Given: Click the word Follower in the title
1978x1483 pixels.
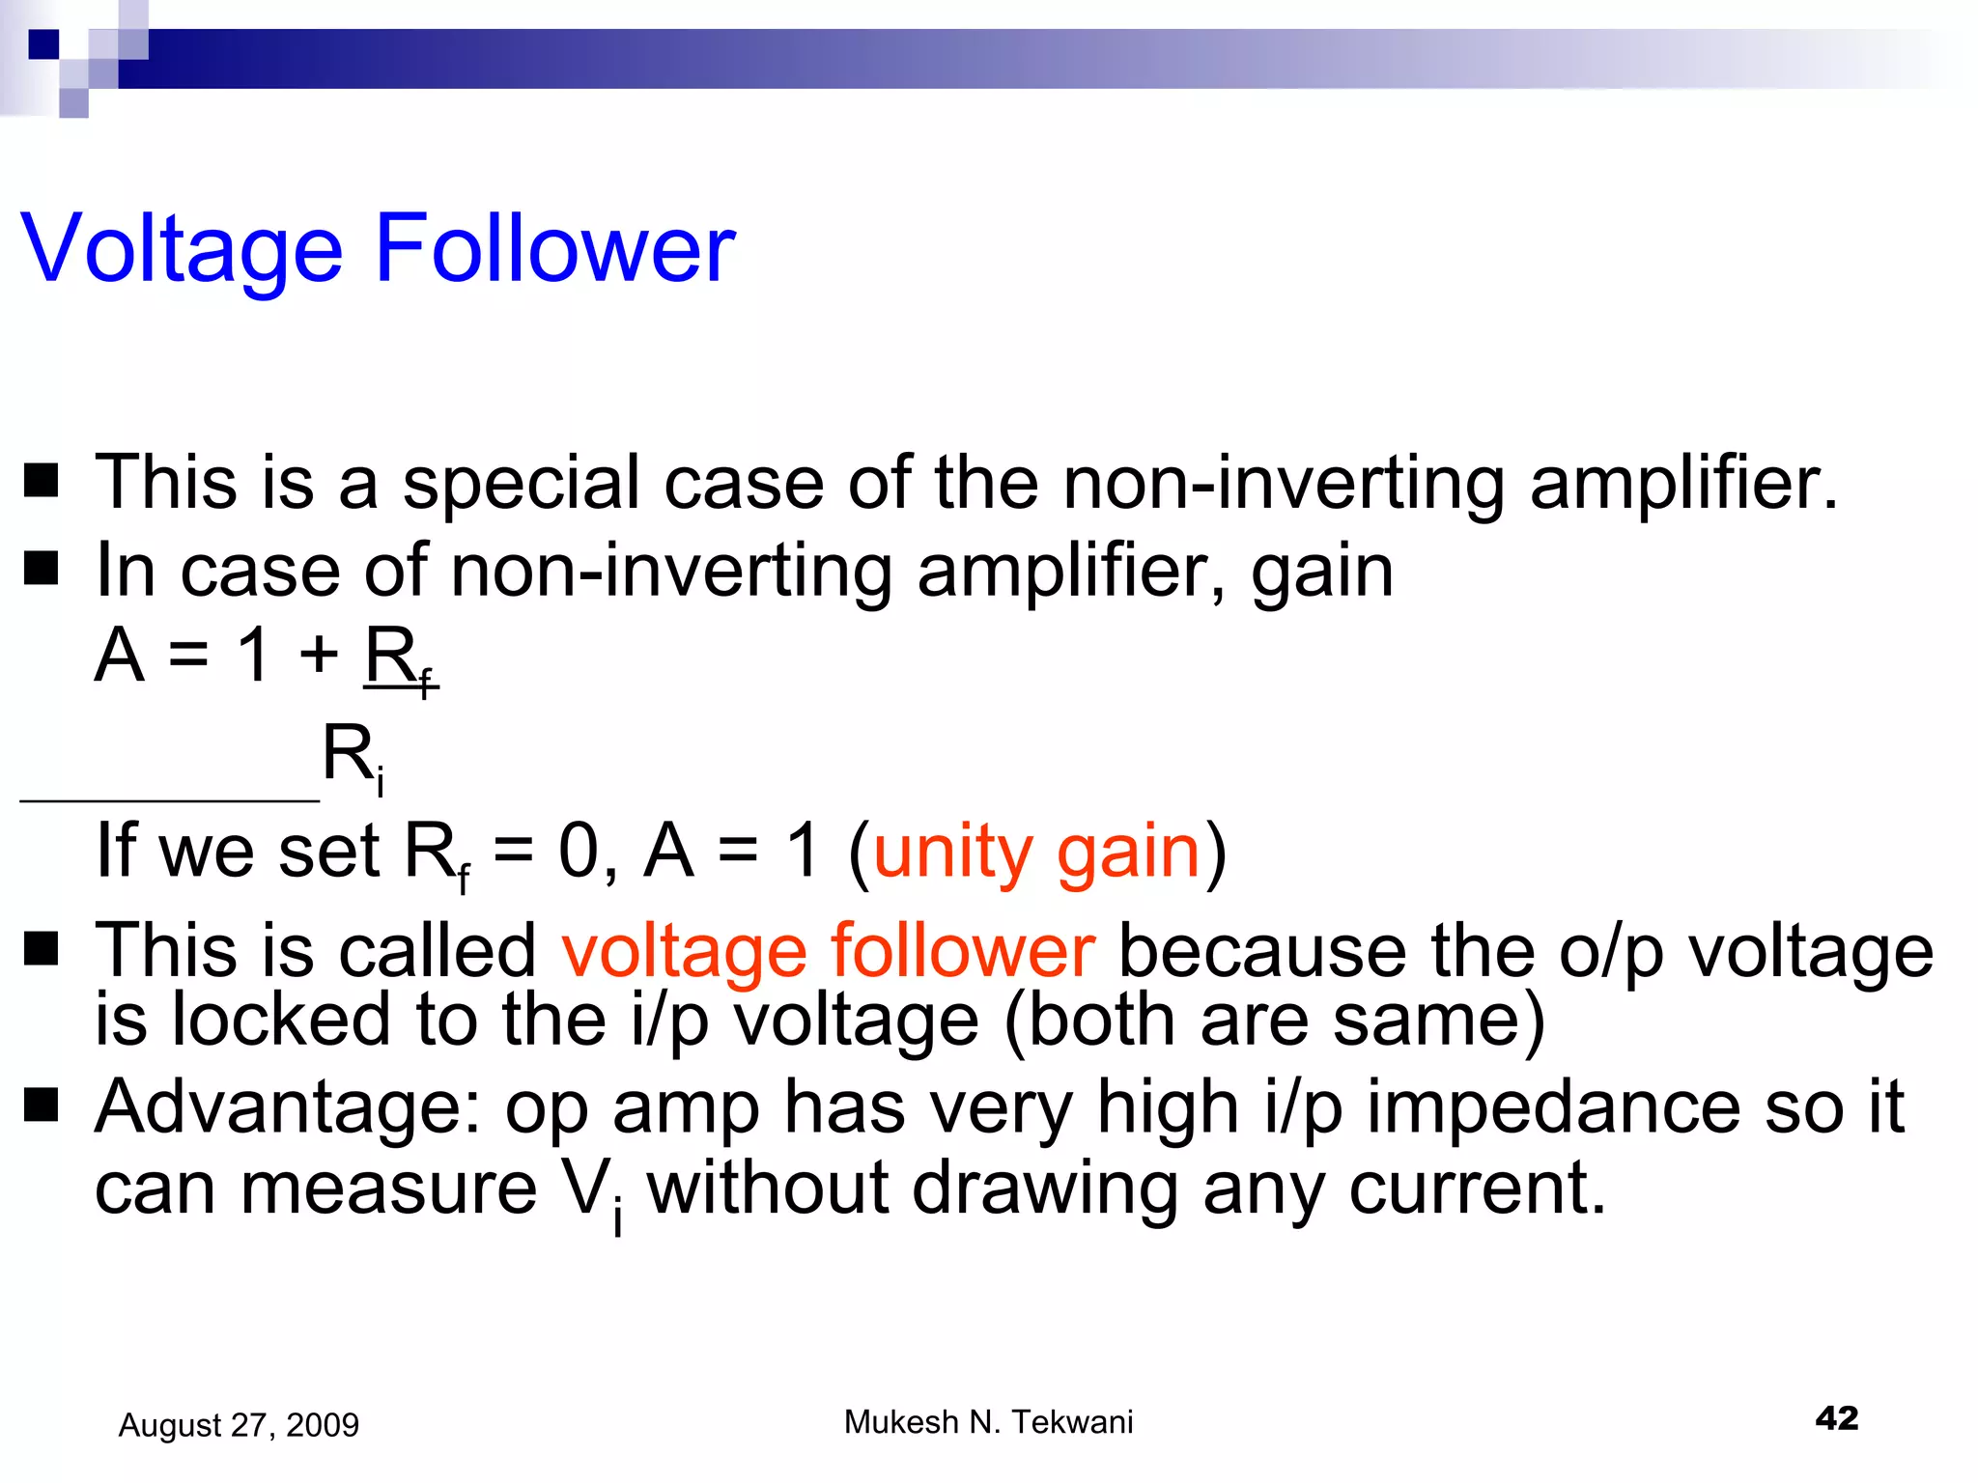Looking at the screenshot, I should pos(554,249).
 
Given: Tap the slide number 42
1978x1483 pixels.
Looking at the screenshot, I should pos(1836,1417).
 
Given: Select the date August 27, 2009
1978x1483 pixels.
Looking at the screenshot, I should pos(239,1425).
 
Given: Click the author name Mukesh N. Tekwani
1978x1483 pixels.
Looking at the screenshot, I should pos(988,1422).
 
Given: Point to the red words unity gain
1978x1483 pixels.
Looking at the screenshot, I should pos(1036,853).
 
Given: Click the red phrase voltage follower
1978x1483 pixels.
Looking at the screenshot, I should pos(828,951).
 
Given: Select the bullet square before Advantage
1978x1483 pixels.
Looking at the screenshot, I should pos(42,1106).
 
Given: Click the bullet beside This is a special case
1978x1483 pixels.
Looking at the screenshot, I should pos(42,481).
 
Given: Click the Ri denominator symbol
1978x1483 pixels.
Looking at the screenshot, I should pos(353,756).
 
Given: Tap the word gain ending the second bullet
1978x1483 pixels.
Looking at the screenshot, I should pos(1322,572).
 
